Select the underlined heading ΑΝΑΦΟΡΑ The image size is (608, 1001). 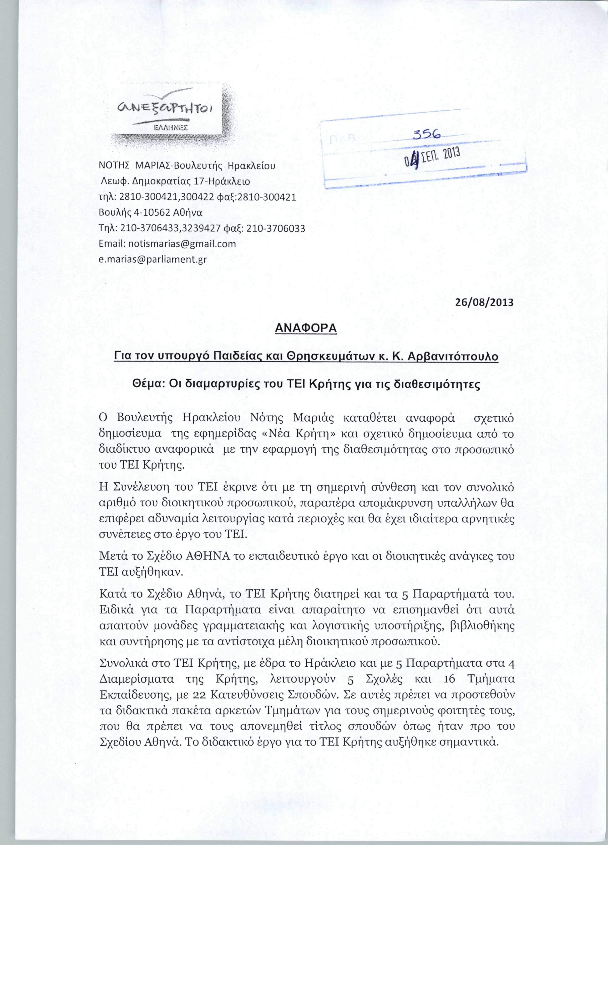pyautogui.click(x=306, y=328)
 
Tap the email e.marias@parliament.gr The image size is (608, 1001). pyautogui.click(x=153, y=259)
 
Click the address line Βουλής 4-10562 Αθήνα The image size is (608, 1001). pyautogui.click(x=151, y=212)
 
